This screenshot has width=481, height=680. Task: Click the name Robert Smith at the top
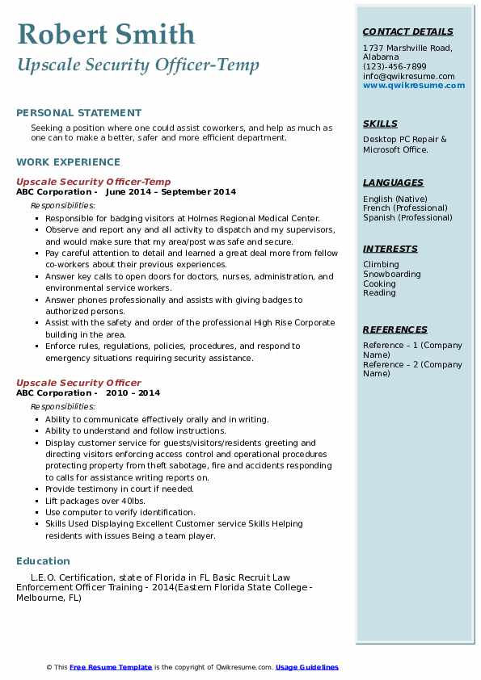tap(105, 34)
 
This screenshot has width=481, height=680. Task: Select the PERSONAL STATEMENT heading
tap(78, 113)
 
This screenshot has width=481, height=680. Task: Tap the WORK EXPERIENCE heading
tap(68, 162)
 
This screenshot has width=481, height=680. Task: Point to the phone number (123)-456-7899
tap(395, 67)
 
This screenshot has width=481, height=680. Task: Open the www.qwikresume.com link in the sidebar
tap(414, 85)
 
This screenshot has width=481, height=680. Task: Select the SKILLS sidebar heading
tap(380, 124)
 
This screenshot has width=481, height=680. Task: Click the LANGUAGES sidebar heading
tap(393, 183)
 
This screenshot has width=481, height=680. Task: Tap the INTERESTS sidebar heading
tap(390, 249)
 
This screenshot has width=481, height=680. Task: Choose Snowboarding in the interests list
tap(392, 275)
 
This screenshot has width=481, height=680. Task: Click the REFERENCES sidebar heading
tap(395, 330)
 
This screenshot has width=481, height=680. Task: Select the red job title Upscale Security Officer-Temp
tap(94, 182)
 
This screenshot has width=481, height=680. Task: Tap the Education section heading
tap(43, 560)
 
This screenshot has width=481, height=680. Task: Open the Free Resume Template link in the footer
tap(111, 667)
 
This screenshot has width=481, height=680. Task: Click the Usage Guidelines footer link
tap(306, 667)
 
